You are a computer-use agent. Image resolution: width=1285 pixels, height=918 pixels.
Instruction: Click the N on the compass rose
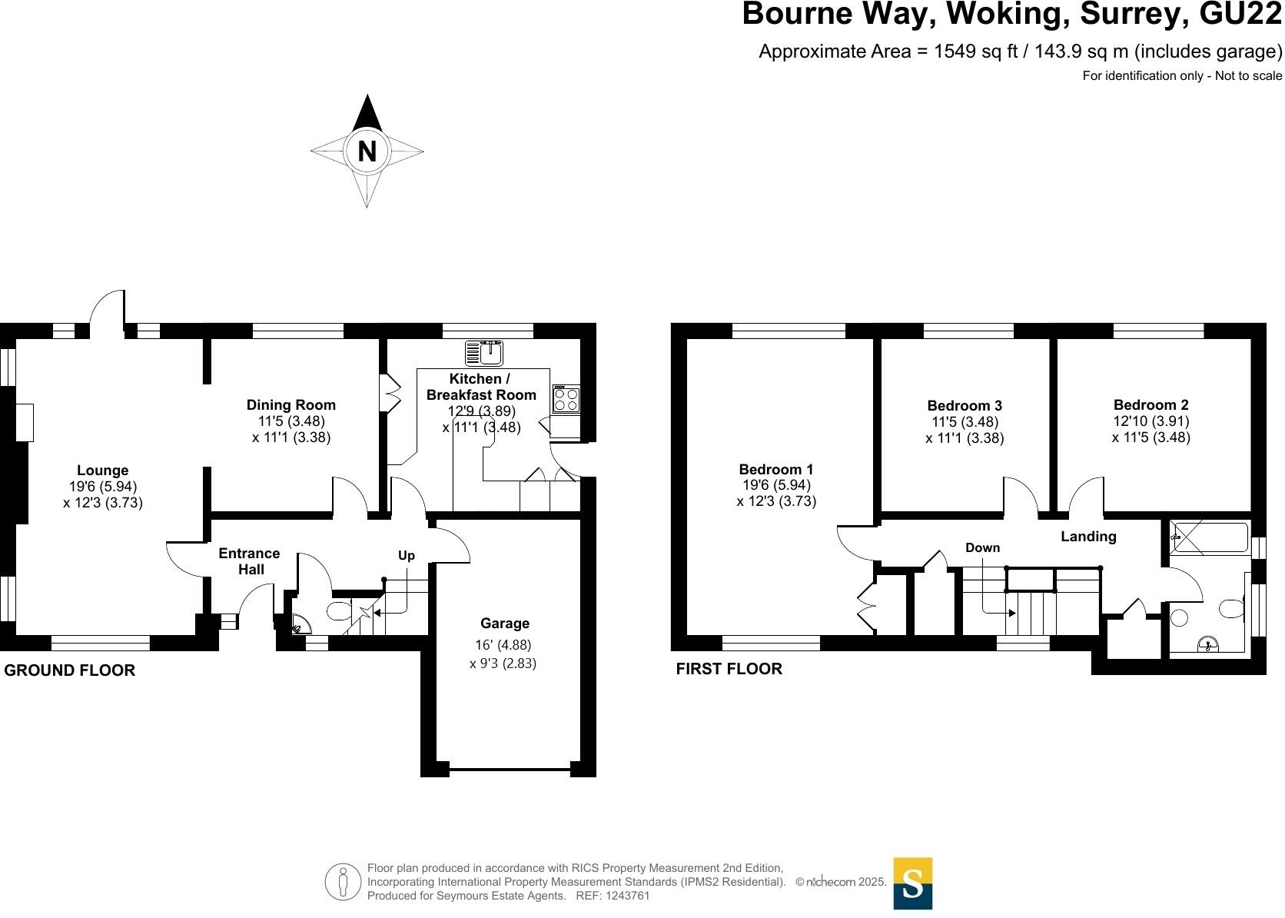367,151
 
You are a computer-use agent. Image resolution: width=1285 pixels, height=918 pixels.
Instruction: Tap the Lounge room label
103,471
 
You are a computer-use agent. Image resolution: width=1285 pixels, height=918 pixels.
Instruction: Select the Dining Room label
291,405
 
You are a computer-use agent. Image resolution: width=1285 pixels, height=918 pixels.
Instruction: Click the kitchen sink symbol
483,353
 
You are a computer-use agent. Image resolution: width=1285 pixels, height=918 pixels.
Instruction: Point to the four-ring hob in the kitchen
566,399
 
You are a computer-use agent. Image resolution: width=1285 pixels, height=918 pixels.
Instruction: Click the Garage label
505,623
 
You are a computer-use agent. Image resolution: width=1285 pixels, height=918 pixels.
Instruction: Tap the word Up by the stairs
406,555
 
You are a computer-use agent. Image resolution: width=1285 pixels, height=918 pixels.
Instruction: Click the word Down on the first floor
983,547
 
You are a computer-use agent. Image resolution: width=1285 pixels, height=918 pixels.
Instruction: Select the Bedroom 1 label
775,469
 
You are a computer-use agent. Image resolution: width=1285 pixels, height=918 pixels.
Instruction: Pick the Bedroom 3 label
965,406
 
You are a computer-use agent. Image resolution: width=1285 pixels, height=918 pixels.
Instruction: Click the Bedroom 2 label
1151,405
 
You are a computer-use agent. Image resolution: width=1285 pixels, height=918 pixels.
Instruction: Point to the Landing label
1088,537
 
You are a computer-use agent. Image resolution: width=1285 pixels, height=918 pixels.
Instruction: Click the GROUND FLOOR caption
69,670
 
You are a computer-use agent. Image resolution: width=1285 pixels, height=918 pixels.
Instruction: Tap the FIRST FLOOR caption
729,669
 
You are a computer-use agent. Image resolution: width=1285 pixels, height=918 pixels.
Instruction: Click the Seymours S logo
913,883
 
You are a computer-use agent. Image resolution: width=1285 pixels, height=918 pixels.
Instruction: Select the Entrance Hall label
250,561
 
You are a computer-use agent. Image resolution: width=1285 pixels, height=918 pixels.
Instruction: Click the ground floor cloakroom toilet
339,611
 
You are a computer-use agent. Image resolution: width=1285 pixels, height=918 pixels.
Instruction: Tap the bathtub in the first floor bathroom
1209,537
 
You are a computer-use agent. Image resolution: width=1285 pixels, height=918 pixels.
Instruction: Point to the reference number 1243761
627,896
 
